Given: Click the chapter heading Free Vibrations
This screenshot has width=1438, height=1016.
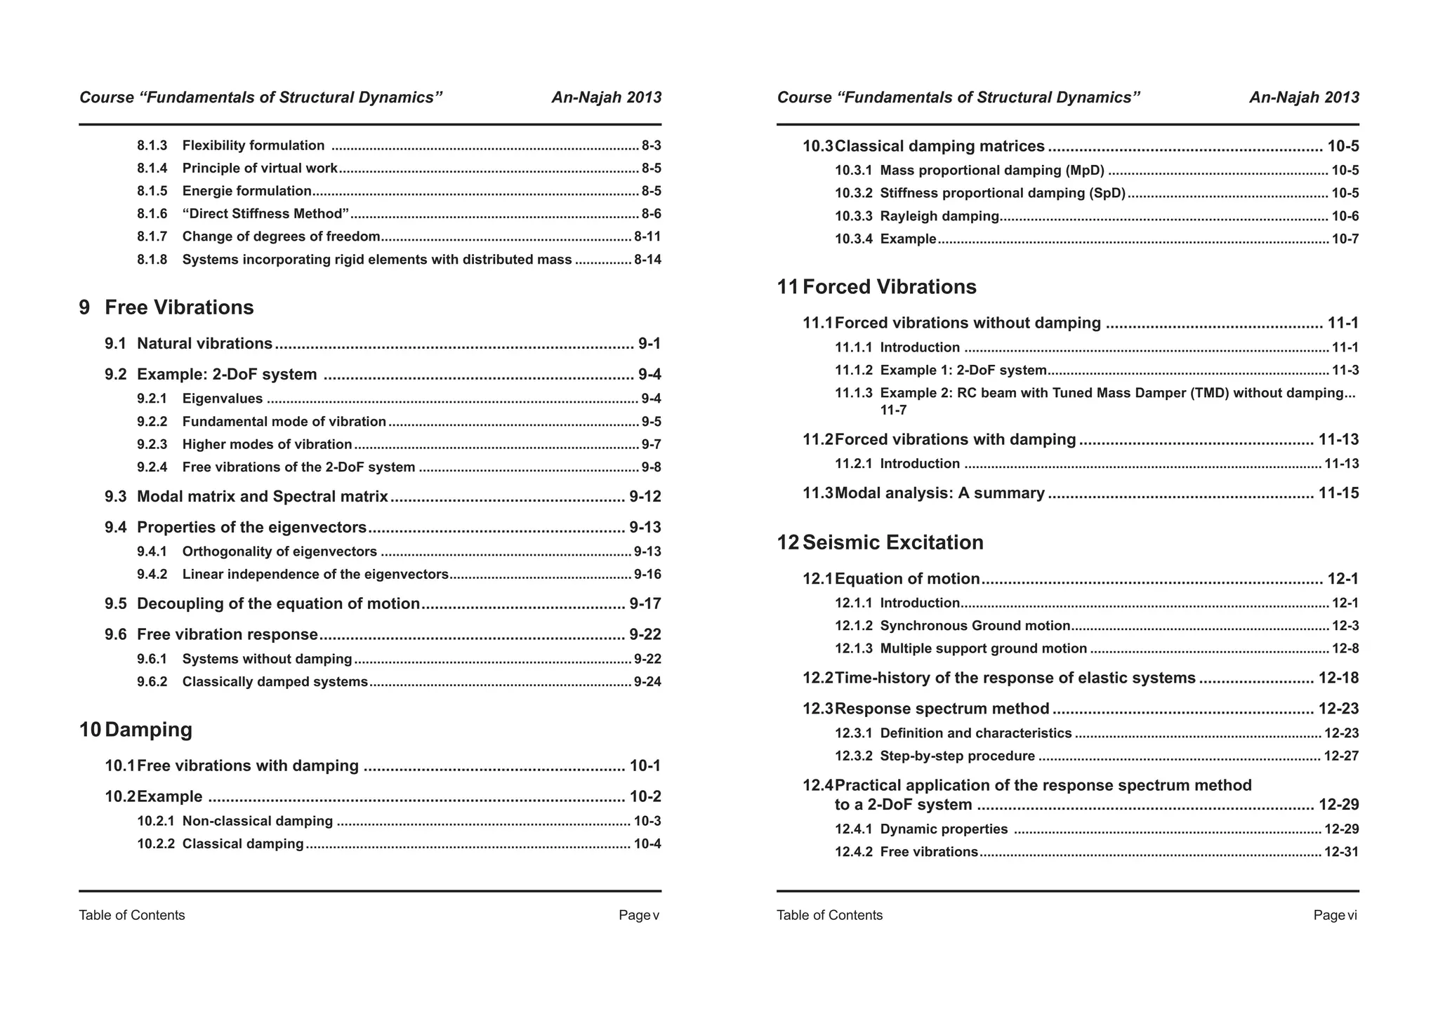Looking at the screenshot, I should click(x=178, y=307).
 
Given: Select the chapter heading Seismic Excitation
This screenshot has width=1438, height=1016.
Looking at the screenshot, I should click(x=892, y=542).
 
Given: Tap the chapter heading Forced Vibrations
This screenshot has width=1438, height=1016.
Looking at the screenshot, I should click(x=889, y=287).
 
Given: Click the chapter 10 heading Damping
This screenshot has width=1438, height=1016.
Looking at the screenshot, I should click(x=148, y=730).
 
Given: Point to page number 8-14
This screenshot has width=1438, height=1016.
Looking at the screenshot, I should click(x=647, y=260).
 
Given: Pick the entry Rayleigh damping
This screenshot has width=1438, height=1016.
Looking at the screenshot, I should click(x=939, y=216).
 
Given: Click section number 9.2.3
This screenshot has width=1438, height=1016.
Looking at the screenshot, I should click(x=152, y=444).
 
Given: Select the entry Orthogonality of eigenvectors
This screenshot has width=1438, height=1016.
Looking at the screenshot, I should click(x=279, y=552).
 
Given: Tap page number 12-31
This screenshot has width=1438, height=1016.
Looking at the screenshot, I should click(x=1341, y=852).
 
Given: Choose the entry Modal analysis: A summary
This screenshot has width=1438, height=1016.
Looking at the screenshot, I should click(x=939, y=493).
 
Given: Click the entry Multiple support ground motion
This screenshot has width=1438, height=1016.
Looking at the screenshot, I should click(x=983, y=648).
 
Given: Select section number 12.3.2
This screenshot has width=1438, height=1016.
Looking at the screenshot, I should click(x=853, y=756).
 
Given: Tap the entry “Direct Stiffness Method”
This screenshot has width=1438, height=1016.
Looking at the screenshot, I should click(x=265, y=214).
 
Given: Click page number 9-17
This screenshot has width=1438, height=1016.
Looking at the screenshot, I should click(x=645, y=604).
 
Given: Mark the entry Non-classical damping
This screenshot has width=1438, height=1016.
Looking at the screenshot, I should click(x=257, y=821).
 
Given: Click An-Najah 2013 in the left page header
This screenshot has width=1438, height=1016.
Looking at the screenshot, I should click(x=606, y=98).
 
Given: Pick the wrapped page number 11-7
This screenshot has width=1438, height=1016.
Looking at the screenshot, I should click(x=893, y=410).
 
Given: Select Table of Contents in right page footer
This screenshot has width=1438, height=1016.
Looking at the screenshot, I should click(x=829, y=915).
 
